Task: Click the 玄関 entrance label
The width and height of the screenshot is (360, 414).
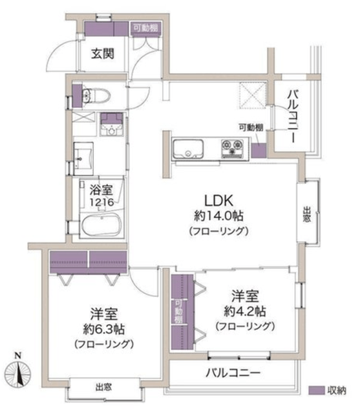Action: click(x=103, y=54)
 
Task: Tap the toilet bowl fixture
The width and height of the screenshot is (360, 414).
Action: click(x=96, y=96)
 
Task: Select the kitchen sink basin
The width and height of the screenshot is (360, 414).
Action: click(x=188, y=149)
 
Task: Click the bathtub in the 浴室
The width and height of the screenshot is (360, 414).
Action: click(x=101, y=225)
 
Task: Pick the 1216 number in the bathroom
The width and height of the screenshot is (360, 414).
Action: click(x=101, y=202)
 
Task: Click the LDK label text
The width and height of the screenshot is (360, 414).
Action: click(x=219, y=201)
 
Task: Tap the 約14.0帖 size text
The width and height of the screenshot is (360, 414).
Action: click(x=218, y=216)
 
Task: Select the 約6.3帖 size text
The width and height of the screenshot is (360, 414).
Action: click(x=104, y=329)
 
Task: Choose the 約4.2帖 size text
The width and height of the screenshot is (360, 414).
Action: click(x=245, y=312)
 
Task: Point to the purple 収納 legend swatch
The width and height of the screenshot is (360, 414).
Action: click(x=317, y=391)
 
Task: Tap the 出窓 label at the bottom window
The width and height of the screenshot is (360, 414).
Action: click(x=103, y=387)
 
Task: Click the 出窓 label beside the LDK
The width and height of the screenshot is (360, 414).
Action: click(x=306, y=214)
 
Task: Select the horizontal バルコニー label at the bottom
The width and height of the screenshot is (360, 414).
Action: click(x=233, y=373)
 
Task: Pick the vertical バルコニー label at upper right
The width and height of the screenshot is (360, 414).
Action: click(x=293, y=116)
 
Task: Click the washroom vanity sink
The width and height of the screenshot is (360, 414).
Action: click(x=83, y=158)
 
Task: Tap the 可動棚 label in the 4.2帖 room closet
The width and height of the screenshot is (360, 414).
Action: click(x=179, y=312)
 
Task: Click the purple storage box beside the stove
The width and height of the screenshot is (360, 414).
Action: click(x=259, y=151)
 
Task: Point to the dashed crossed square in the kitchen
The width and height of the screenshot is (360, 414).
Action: click(x=253, y=95)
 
